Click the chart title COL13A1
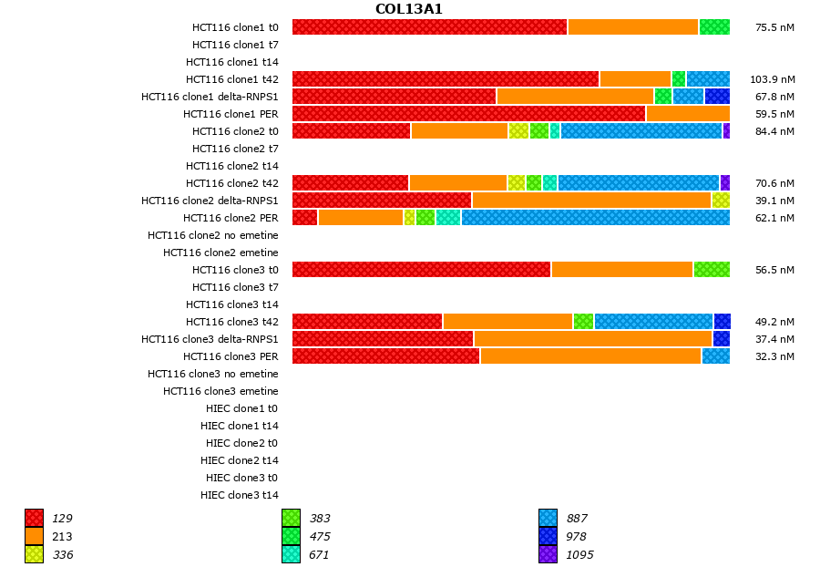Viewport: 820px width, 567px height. (x=408, y=9)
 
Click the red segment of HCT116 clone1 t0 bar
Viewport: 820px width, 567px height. (x=429, y=26)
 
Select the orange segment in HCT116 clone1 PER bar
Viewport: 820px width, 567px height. (x=688, y=113)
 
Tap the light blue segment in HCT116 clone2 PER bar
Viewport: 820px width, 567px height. (x=595, y=217)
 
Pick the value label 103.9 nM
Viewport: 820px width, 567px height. (x=772, y=79)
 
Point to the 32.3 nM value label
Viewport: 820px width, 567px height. (x=774, y=356)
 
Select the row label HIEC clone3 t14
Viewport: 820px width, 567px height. (x=239, y=495)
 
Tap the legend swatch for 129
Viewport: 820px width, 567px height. (x=34, y=518)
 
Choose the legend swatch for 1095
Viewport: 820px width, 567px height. (x=548, y=554)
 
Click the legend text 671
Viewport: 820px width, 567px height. (x=319, y=554)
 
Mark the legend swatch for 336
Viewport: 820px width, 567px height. (x=34, y=554)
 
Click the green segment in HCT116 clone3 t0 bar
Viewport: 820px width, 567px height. (x=712, y=269)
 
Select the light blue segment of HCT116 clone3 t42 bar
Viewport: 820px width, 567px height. (x=653, y=321)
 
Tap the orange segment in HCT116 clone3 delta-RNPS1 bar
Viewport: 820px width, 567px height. (x=592, y=338)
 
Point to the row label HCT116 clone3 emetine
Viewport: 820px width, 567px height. (x=220, y=391)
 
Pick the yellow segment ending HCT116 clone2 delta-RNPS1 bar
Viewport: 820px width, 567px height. (x=721, y=200)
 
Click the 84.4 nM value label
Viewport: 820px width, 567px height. (x=774, y=131)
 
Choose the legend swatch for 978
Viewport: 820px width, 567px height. (x=548, y=536)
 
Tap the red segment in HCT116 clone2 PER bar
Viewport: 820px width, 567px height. (x=304, y=217)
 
